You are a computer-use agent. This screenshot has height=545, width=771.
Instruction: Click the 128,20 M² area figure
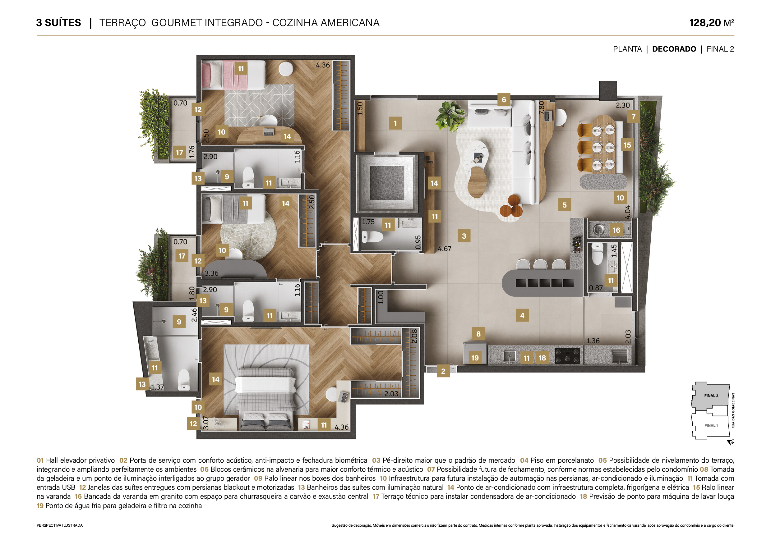click(x=712, y=23)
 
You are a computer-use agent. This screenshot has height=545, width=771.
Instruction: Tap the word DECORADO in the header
click(x=674, y=49)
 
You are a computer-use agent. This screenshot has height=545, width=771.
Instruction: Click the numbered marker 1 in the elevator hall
click(x=395, y=123)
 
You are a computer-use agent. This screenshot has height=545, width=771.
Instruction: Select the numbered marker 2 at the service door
click(x=443, y=371)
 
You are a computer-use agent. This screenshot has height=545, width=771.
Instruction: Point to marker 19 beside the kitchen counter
click(x=475, y=358)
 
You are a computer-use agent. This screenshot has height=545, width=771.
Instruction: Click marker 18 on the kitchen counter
click(x=542, y=358)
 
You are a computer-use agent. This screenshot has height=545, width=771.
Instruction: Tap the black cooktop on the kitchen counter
click(x=567, y=356)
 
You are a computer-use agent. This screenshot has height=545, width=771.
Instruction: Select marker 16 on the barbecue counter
click(x=616, y=230)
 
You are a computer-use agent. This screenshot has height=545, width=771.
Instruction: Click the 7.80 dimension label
click(x=541, y=108)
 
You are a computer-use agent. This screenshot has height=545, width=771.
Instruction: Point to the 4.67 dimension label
click(x=445, y=249)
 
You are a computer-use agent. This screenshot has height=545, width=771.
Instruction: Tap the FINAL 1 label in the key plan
click(x=711, y=426)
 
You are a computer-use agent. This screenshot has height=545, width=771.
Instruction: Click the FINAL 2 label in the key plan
click(x=711, y=396)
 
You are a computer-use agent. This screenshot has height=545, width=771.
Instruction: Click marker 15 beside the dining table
click(x=627, y=145)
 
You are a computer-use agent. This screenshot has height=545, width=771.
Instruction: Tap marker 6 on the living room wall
click(x=504, y=99)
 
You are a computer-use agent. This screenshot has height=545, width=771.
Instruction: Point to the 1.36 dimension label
click(x=593, y=341)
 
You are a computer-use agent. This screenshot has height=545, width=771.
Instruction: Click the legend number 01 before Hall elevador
click(x=40, y=460)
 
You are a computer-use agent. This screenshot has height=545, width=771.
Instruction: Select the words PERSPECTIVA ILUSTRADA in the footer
click(x=59, y=525)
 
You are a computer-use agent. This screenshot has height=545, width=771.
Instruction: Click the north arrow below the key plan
click(x=731, y=443)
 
